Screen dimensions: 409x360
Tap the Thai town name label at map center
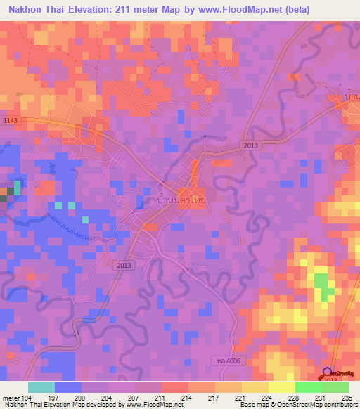tap(180, 200)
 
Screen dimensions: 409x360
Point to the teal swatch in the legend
tap(41, 387)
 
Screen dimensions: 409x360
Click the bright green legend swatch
tap(308, 387)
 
